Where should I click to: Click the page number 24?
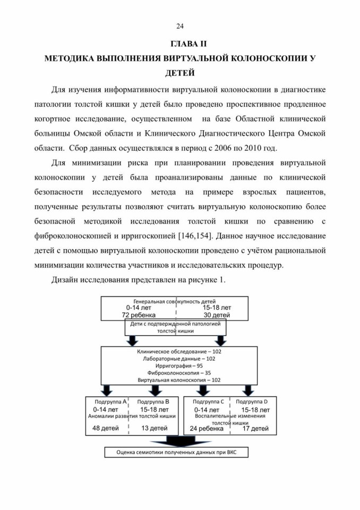[x=180, y=27]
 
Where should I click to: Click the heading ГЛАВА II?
[x=188, y=44]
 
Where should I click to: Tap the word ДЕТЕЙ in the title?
[x=180, y=73]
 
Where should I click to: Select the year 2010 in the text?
[x=253, y=148]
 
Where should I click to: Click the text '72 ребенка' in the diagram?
[x=139, y=315]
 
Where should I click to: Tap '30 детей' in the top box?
[x=217, y=315]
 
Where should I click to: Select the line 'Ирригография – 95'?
[x=179, y=366]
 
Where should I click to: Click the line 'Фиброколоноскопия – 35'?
[x=179, y=373]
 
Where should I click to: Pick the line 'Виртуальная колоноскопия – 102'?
[x=179, y=380]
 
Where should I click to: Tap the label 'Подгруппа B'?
[x=153, y=402]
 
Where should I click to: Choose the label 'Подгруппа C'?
[x=209, y=402]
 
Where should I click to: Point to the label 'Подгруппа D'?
[x=252, y=402]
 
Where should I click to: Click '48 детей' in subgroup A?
[x=106, y=428]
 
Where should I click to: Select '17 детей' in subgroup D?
[x=255, y=429]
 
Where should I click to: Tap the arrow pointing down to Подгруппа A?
[x=107, y=390]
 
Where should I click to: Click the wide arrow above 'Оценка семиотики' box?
[x=176, y=441]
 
